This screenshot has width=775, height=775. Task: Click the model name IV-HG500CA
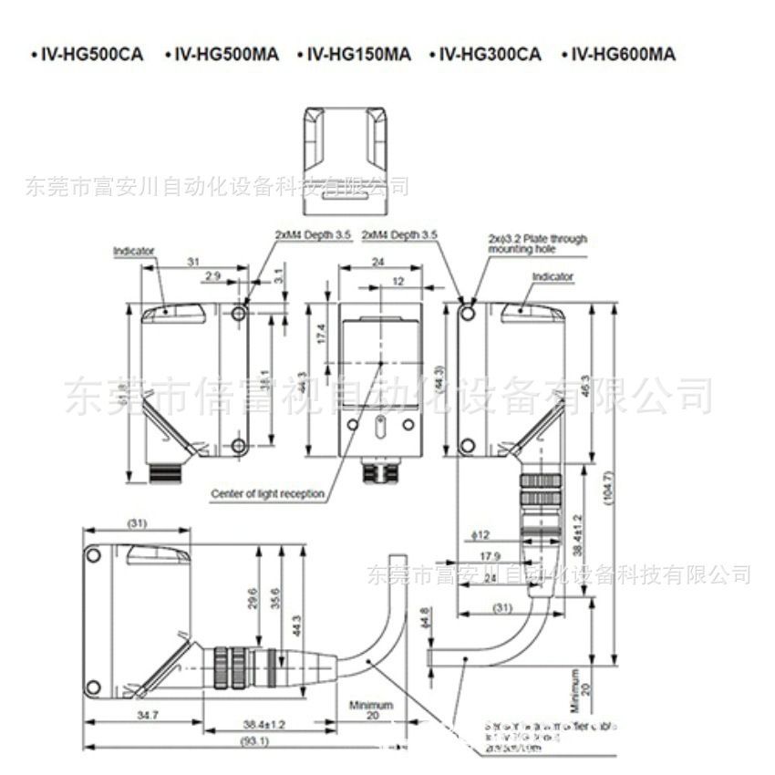tap(88, 55)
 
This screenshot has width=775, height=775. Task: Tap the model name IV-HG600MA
tap(624, 55)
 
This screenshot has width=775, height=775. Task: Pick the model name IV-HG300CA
tap(491, 55)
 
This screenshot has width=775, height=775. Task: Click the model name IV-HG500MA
tap(222, 55)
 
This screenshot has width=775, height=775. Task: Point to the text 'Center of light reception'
tap(268, 494)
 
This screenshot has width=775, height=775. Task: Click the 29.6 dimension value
tap(253, 597)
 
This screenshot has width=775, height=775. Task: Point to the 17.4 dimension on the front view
tap(320, 334)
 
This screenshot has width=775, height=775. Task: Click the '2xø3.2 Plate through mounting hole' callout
tap(537, 243)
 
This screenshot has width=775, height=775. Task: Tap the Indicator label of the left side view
tap(134, 250)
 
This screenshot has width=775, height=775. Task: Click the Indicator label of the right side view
tap(552, 275)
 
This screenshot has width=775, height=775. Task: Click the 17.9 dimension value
tap(490, 556)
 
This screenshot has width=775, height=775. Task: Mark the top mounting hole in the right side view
tap(468, 314)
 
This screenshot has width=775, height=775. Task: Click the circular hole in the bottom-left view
tap(93, 554)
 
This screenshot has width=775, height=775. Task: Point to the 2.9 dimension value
tap(212, 276)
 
